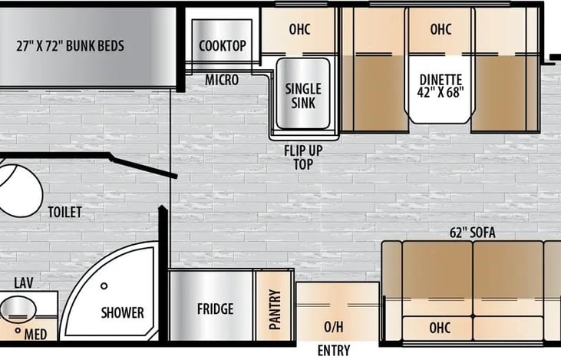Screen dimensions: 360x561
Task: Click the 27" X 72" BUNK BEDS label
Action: click(70, 45)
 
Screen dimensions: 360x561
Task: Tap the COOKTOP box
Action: click(223, 45)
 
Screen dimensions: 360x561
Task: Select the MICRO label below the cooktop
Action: click(221, 80)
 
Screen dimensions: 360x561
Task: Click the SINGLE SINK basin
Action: click(303, 95)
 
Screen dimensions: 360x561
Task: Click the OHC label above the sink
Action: click(299, 30)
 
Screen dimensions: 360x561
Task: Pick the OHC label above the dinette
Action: click(441, 30)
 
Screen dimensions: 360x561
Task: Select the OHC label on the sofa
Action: click(440, 328)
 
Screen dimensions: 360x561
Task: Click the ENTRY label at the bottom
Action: click(333, 351)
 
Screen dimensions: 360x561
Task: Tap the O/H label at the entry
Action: click(334, 327)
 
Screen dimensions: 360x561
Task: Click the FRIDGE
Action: click(215, 309)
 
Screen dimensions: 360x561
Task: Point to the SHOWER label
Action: click(123, 312)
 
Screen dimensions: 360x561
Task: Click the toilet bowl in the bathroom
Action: click(17, 188)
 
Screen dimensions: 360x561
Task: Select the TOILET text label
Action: click(64, 212)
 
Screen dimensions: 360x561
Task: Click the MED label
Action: click(35, 335)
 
